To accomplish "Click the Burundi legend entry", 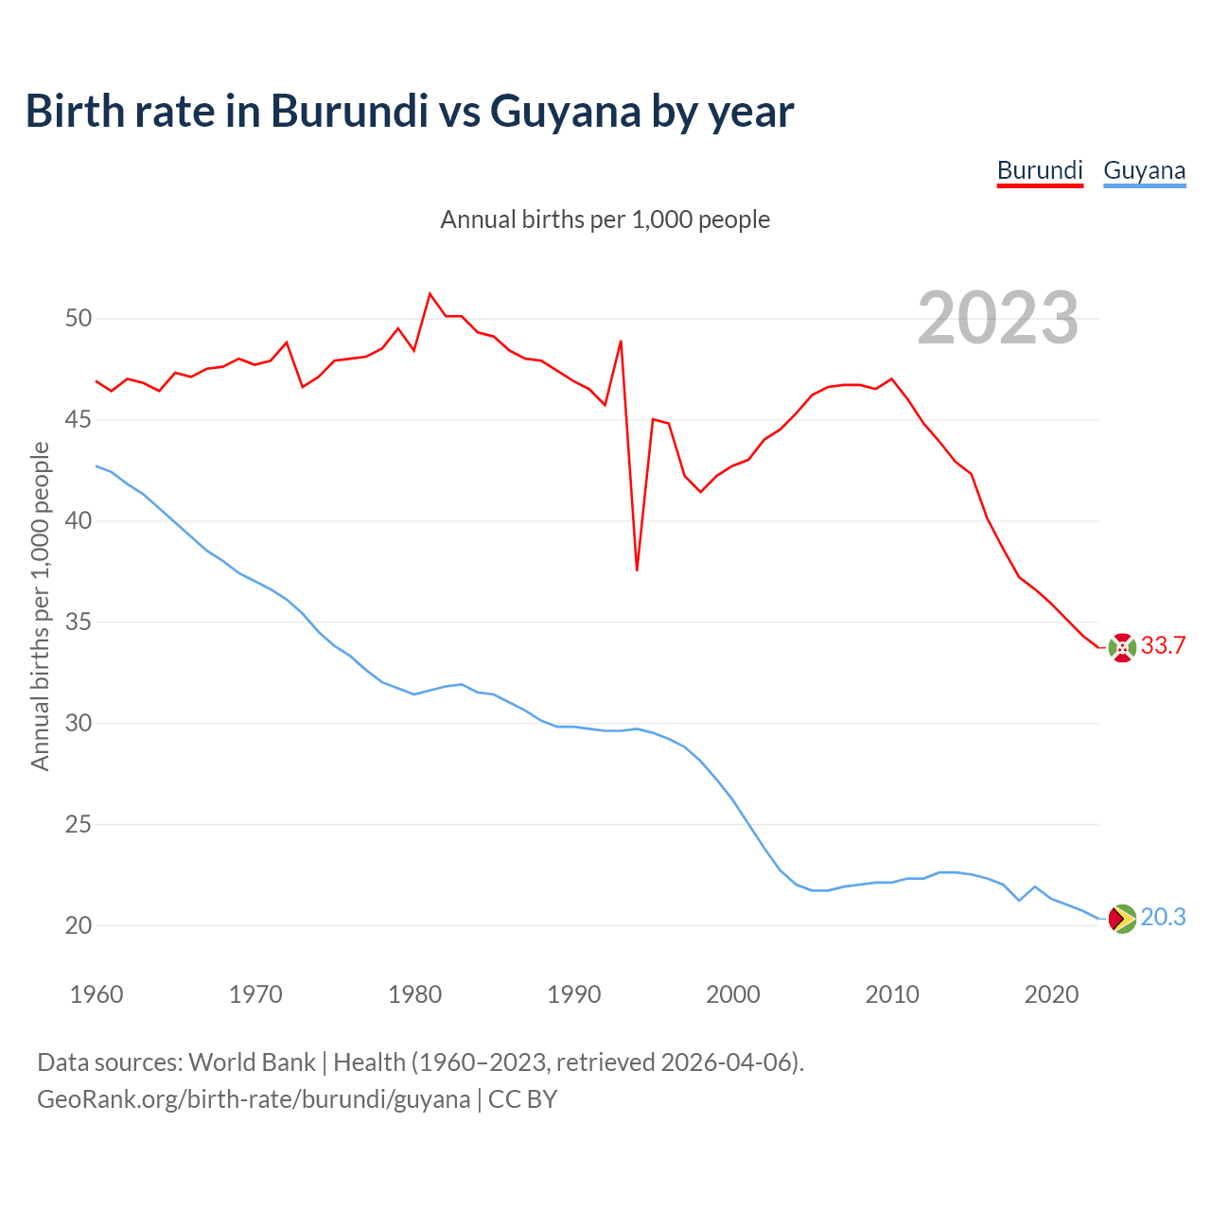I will point(1040,170).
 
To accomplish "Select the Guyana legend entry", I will point(1144,170).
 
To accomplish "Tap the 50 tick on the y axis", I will point(79,318).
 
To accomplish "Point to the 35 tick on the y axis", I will point(79,622).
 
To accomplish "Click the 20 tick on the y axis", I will point(79,925).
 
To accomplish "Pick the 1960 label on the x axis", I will point(97,994).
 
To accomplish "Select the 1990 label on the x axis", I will point(574,994).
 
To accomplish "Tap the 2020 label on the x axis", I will point(1051,994).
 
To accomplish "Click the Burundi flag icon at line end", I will point(1122,647).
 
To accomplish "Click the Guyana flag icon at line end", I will point(1122,919).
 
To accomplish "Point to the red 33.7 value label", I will point(1164,646).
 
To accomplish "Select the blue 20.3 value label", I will point(1164,918).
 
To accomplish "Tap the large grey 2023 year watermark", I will point(998,318).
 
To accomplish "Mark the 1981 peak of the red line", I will point(430,294).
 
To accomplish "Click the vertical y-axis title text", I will point(40,605).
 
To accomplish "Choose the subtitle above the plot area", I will point(605,219).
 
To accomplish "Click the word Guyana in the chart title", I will point(566,111).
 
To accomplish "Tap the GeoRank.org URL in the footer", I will point(254,1099).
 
